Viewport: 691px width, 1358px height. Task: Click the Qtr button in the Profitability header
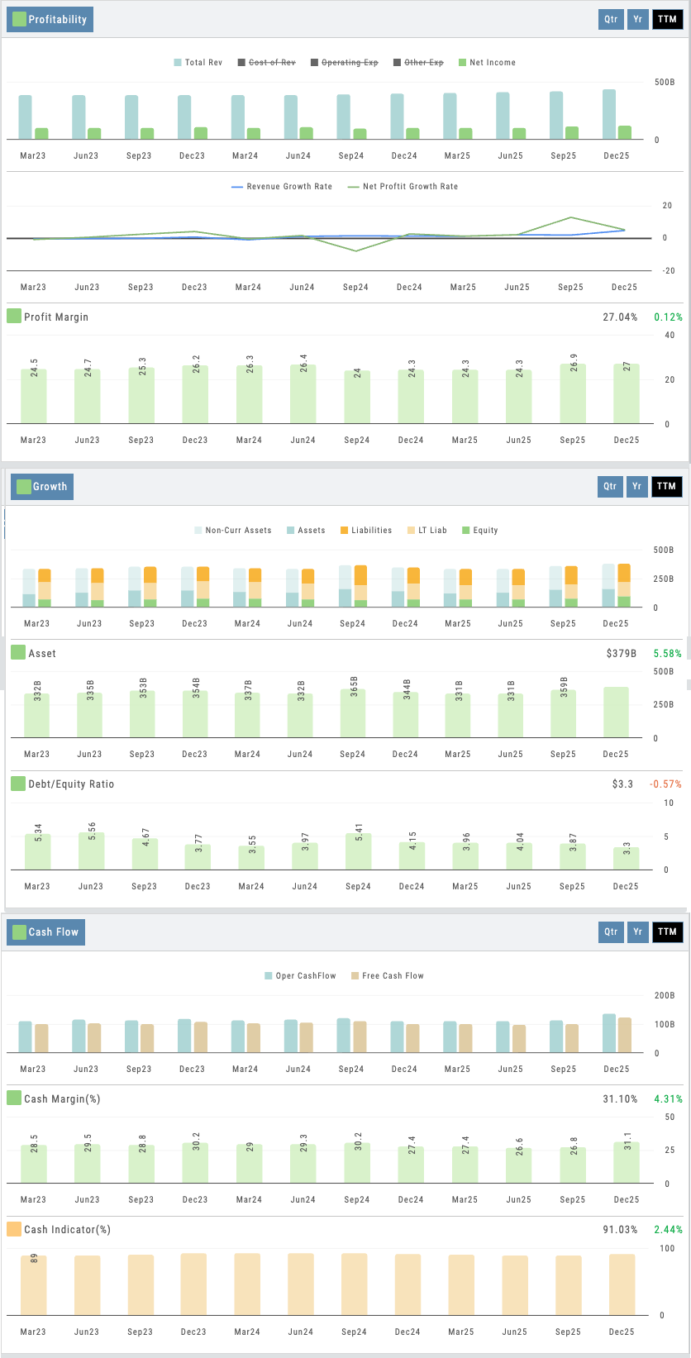coord(610,19)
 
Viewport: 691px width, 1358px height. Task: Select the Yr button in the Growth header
coord(636,486)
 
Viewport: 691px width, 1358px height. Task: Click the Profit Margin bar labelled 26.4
coord(303,394)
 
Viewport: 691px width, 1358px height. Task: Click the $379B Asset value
coord(622,654)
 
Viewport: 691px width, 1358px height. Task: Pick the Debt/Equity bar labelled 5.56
coord(91,851)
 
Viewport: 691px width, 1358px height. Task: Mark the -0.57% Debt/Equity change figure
coord(666,784)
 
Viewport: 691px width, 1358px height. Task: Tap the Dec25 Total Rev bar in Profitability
coord(609,115)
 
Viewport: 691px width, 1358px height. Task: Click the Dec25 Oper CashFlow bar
coord(608,1033)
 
